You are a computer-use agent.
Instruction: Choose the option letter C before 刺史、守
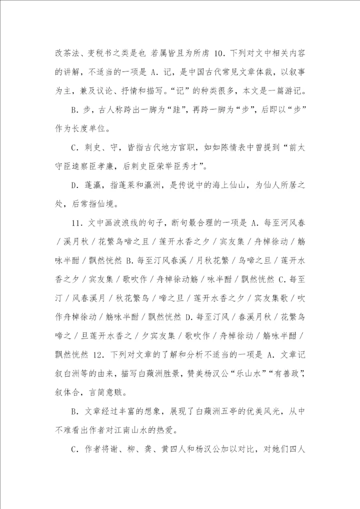tap(74, 148)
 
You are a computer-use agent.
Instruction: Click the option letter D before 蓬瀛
tap(74, 185)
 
